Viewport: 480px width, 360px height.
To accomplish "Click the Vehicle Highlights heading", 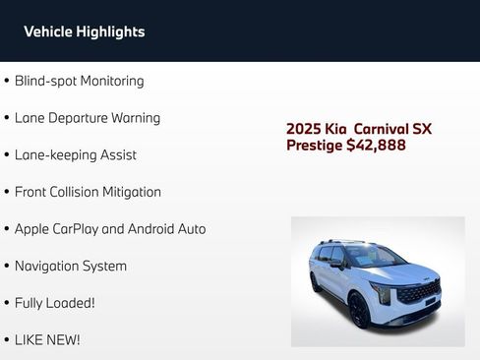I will (84, 31).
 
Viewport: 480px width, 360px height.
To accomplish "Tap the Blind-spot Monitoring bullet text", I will (79, 81).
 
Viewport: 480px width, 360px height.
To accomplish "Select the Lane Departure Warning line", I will (87, 118).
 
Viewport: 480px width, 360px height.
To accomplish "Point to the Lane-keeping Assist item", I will (75, 154).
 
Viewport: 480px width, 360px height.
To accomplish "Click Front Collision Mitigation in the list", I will (88, 192).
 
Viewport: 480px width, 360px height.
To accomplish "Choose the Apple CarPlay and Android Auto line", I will (110, 228).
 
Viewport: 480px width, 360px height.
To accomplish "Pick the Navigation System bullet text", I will (70, 266).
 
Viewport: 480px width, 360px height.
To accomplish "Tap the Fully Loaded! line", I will (54, 303).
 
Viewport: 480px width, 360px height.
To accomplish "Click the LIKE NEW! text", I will (47, 339).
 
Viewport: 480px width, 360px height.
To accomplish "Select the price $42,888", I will (376, 146).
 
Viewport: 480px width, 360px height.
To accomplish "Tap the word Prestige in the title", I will (314, 146).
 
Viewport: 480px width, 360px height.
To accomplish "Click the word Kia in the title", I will (337, 129).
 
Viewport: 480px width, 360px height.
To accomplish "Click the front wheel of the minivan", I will (359, 309).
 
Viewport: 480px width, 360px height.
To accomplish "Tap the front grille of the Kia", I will (419, 292).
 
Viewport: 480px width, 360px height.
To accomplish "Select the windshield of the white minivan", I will (372, 257).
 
